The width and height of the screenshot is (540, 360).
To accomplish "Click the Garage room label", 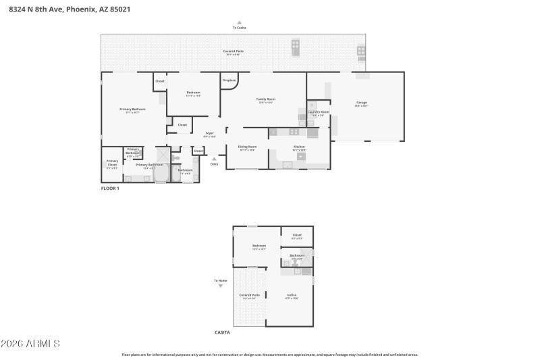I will coord(362,103).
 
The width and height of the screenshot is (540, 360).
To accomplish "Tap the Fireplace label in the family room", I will coord(230,80).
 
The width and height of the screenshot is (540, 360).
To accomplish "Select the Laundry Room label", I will coord(319,111).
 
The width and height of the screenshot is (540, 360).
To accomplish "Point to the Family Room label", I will coord(266,99).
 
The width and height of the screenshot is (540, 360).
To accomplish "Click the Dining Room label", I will coord(247,146).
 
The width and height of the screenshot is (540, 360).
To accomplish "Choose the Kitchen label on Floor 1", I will coord(299,146).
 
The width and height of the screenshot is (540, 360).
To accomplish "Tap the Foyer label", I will coord(210,134).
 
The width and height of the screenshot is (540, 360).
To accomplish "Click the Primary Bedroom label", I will coord(133,109).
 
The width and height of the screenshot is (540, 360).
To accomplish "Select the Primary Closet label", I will coord(112,162).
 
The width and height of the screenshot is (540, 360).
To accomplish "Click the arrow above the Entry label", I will coord(215,159).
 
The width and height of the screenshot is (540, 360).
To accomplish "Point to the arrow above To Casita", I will coord(239,22).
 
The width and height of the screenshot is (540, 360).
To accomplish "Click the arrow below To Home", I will coord(221,286).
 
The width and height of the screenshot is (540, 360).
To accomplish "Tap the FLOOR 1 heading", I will coord(110,188).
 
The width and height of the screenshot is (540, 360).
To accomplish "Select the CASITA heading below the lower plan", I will coord(222,332).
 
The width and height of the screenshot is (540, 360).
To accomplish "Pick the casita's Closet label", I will coord(297,235).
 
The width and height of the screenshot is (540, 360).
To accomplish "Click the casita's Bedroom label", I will coord(259,246).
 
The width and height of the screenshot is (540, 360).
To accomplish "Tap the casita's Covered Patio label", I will coord(249,295).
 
